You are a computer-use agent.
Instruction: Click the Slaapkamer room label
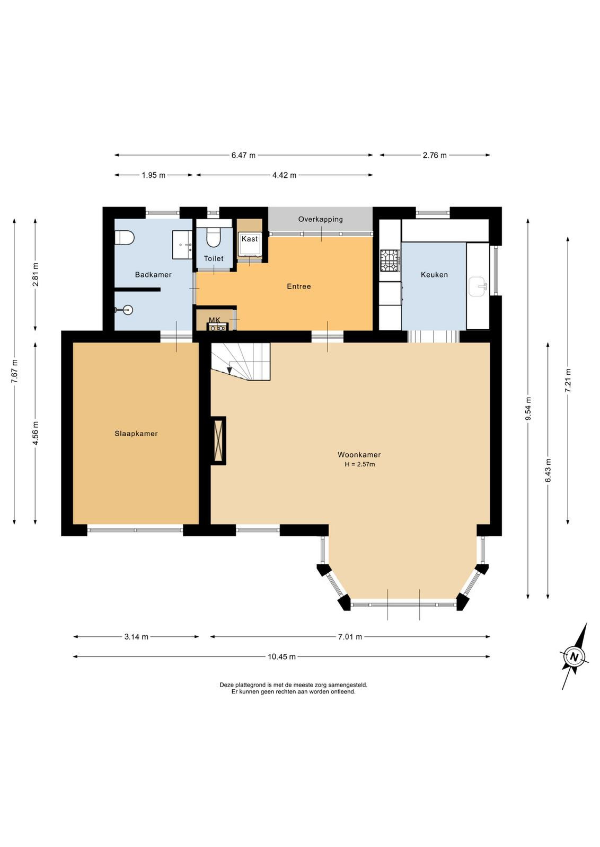(x=136, y=434)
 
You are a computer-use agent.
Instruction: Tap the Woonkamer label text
(x=359, y=455)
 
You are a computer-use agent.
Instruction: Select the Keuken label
(x=434, y=275)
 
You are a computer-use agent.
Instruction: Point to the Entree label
(x=299, y=286)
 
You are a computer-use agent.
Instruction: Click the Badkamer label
(x=153, y=275)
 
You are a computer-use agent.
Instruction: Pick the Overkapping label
(x=320, y=219)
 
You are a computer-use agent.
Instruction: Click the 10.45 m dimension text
(x=281, y=657)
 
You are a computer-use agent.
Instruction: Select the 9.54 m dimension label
(x=528, y=409)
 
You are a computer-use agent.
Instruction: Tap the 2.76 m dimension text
(x=435, y=156)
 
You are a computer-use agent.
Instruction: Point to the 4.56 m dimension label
(x=36, y=434)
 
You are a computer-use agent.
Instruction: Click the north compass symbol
(x=575, y=656)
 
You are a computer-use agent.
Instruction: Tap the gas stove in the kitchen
(x=390, y=260)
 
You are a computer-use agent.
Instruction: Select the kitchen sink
(x=478, y=286)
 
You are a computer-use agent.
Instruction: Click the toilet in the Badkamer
(x=125, y=239)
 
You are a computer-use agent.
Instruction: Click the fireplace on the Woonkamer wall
(x=218, y=441)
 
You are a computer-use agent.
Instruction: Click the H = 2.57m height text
(x=359, y=464)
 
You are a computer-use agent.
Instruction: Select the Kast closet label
(x=250, y=239)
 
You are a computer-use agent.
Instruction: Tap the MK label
(x=215, y=321)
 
